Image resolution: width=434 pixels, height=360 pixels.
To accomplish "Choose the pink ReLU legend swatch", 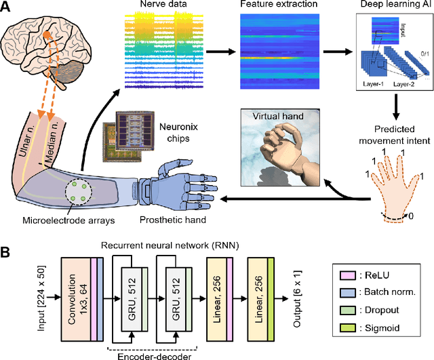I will (x=347, y=276).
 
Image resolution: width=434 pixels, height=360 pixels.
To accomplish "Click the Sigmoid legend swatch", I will (x=347, y=331).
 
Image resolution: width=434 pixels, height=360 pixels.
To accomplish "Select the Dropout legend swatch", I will (x=347, y=313).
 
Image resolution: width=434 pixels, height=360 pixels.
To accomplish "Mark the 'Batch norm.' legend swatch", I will (x=347, y=294).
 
